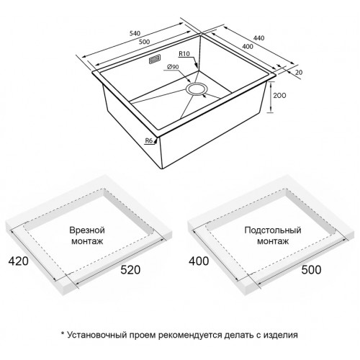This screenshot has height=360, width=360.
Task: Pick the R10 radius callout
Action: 184,55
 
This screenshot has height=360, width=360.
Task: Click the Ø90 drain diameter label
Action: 174,68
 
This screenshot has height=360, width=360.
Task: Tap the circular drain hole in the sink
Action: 196,89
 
